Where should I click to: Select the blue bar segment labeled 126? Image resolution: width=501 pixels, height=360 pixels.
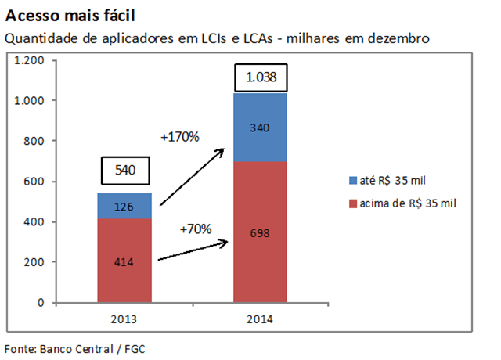pyautogui.click(x=124, y=206)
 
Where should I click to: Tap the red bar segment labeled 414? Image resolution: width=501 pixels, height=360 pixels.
pyautogui.click(x=124, y=261)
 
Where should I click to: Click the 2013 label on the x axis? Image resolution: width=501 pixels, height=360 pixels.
pyautogui.click(x=124, y=319)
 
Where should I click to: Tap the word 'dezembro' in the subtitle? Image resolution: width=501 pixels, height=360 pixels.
pyautogui.click(x=402, y=38)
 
